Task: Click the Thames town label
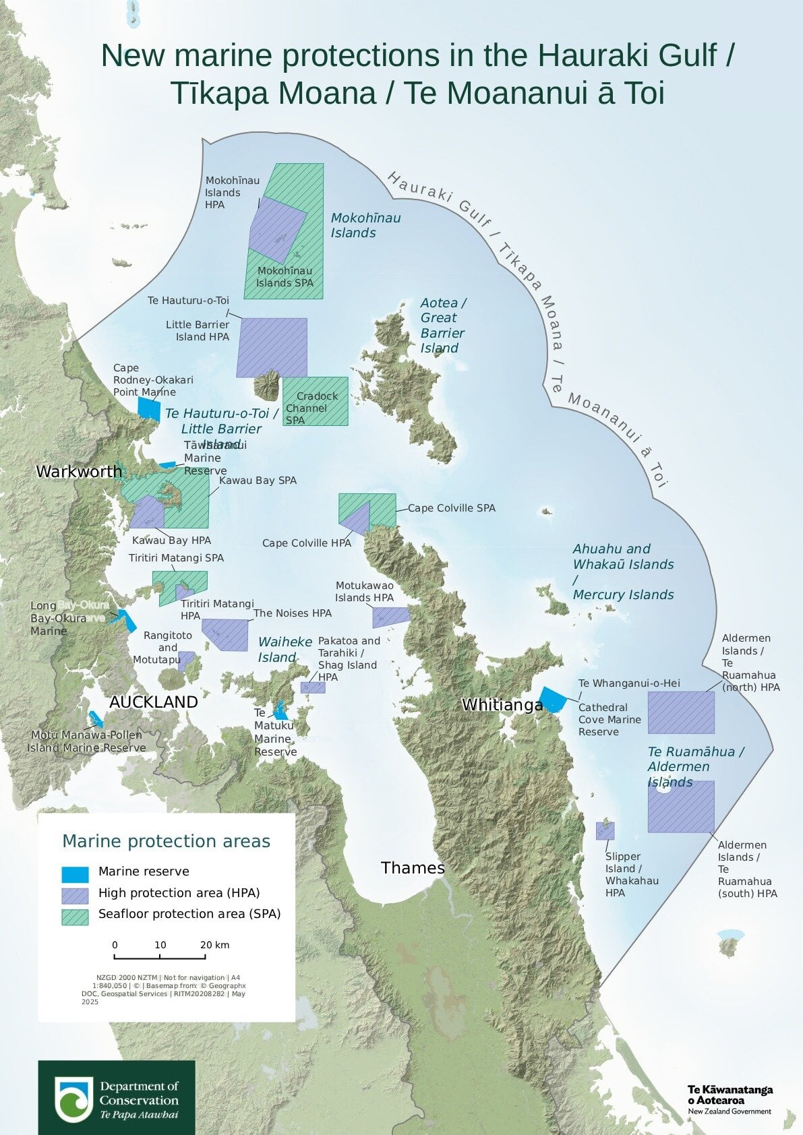click(x=413, y=867)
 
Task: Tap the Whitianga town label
click(x=502, y=705)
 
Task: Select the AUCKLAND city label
click(x=154, y=702)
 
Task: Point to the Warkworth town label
click(x=79, y=471)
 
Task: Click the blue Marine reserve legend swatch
click(x=75, y=874)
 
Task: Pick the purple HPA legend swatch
click(x=75, y=895)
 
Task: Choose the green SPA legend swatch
click(x=75, y=917)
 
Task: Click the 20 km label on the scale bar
click(x=215, y=945)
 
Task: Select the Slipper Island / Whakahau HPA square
click(x=605, y=830)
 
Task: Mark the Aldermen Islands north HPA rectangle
click(x=681, y=712)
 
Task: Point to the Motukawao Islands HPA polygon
click(x=390, y=617)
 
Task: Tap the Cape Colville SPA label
click(x=451, y=508)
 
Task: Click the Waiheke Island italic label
click(x=285, y=649)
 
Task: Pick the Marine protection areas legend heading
click(x=166, y=841)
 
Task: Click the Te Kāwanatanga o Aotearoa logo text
click(x=730, y=1094)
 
